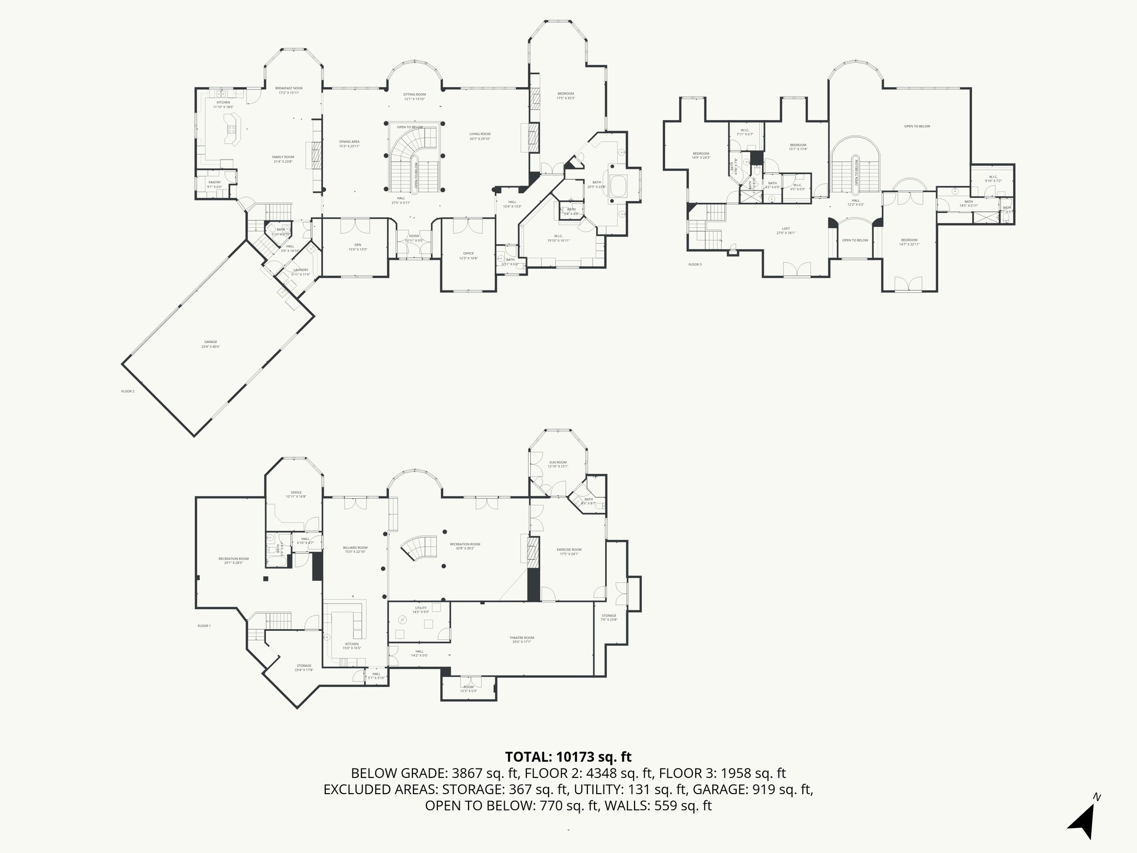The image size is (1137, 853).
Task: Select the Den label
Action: coord(358,247)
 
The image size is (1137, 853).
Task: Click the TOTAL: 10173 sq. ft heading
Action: coord(568,756)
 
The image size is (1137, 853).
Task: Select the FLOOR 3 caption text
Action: coord(695,264)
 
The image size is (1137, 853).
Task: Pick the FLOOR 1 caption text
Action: coord(204,626)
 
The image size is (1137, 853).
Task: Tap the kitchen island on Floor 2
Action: coord(232,131)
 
